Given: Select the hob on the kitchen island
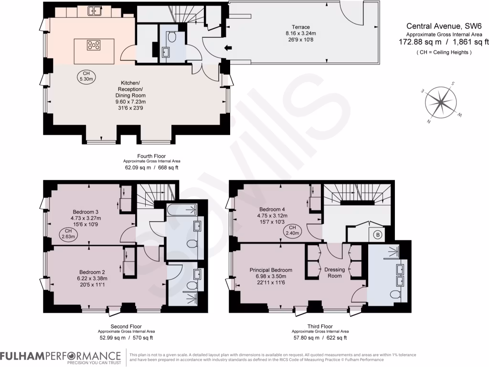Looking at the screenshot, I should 94,45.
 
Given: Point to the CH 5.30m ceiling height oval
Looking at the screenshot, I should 87,76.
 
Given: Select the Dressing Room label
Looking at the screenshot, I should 334,273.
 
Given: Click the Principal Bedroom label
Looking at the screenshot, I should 271,270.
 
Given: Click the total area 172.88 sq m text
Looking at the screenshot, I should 419,42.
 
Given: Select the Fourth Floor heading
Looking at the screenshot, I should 151,156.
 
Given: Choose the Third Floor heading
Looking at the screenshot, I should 320,326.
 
